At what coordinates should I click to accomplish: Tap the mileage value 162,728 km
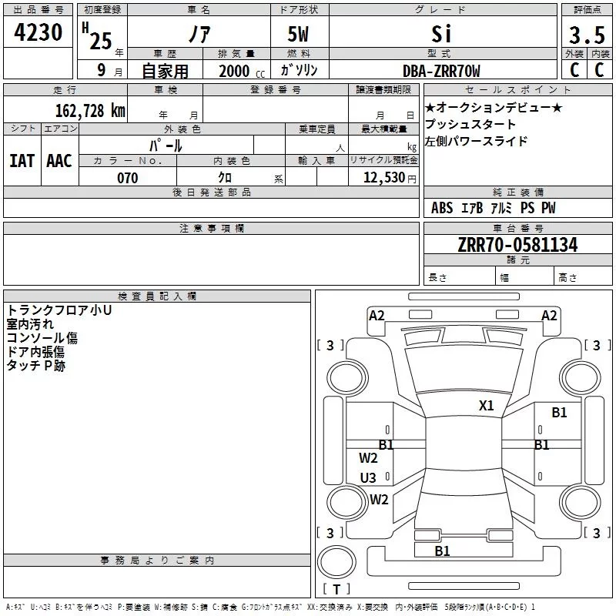pyautogui.click(x=90, y=110)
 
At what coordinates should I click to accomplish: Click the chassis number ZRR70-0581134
pyautogui.click(x=517, y=245)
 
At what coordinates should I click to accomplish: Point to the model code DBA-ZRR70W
pyautogui.click(x=441, y=72)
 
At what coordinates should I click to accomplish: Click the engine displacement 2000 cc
pyautogui.click(x=239, y=72)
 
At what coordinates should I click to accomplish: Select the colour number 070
pyautogui.click(x=127, y=178)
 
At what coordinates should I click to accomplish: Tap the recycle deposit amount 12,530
pyautogui.click(x=382, y=178)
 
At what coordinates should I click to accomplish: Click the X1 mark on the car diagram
pyautogui.click(x=487, y=406)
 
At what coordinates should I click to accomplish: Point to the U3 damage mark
pyautogui.click(x=369, y=478)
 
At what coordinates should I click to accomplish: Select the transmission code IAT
pyautogui.click(x=22, y=161)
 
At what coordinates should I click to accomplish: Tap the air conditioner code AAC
pyautogui.click(x=59, y=161)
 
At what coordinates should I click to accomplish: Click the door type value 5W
pyautogui.click(x=300, y=35)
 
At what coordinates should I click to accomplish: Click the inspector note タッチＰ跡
pyautogui.click(x=36, y=366)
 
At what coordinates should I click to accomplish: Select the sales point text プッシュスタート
pyautogui.click(x=470, y=125)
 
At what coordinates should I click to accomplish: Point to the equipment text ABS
pyautogui.click(x=442, y=208)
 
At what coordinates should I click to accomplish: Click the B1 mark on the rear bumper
pyautogui.click(x=442, y=551)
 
